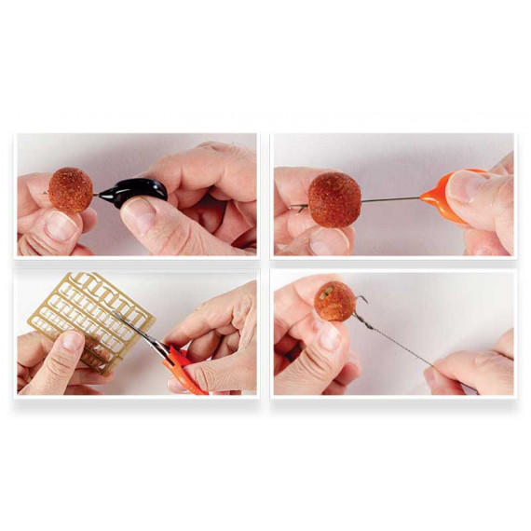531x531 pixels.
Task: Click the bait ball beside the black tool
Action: click(71, 189)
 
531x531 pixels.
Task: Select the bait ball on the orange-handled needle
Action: click(334, 198)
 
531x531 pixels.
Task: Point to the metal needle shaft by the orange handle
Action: click(391, 198)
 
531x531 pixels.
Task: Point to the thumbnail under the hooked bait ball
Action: click(329, 337)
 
